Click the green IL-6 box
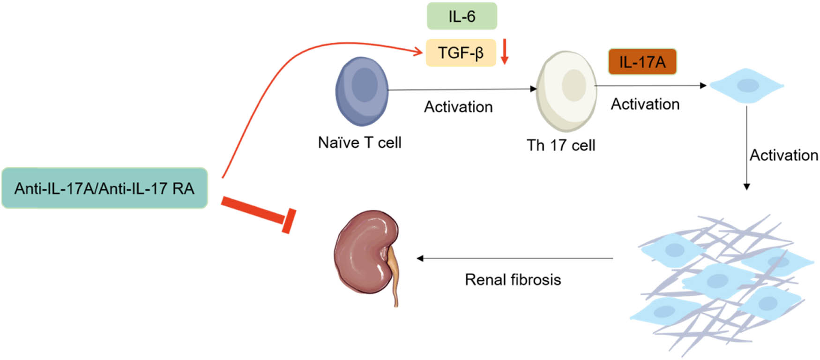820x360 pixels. coord(462,16)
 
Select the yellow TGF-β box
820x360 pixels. coord(461,52)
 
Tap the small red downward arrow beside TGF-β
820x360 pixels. coord(504,52)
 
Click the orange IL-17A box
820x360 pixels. coord(642,61)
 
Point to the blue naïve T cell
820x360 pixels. coord(362,91)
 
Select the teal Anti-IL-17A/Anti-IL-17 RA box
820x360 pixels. coord(104,188)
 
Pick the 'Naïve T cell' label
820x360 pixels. coord(359,142)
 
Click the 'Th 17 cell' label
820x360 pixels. coord(561,145)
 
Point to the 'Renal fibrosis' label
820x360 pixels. coord(513,280)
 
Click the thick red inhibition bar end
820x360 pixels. coord(289,221)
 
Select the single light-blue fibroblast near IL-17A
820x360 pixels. coord(747,86)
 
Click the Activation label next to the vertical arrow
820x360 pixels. coord(783,155)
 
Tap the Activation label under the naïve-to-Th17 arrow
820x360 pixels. coord(458,107)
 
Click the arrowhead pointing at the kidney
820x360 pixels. coord(420,258)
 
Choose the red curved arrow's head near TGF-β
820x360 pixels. coord(418,52)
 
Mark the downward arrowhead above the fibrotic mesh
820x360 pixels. coord(747,187)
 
